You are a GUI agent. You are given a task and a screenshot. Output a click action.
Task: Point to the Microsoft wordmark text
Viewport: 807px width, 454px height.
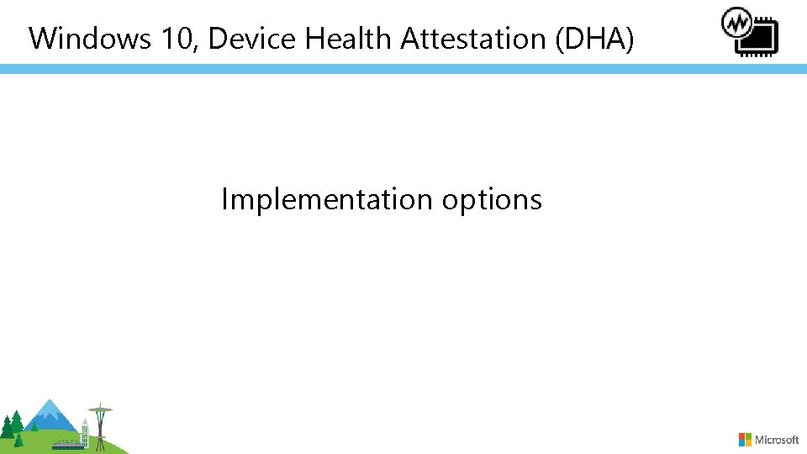tap(778, 440)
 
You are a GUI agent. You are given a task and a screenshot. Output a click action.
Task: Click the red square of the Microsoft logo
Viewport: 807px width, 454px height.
tap(742, 436)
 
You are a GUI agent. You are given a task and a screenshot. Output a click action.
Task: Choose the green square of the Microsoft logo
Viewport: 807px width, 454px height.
tap(748, 436)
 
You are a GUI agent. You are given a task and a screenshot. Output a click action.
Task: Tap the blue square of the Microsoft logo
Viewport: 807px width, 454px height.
tap(742, 443)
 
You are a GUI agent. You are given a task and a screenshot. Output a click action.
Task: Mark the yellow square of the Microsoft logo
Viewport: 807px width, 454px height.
tap(748, 443)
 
